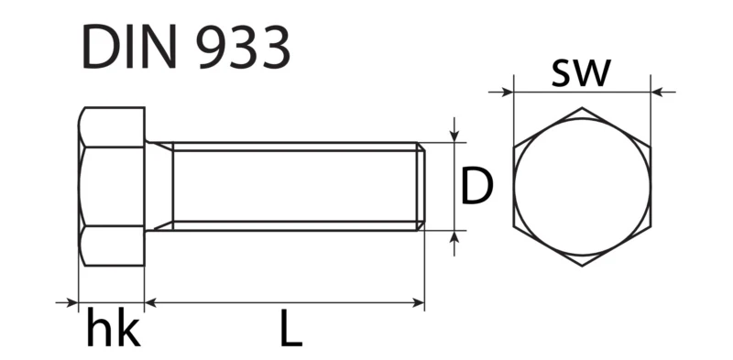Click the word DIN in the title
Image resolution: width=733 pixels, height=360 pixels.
click(x=129, y=47)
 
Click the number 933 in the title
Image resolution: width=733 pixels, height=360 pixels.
click(x=244, y=47)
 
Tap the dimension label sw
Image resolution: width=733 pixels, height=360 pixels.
click(x=581, y=73)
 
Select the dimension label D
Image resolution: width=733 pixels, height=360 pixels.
click(x=476, y=187)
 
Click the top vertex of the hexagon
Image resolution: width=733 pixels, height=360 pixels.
click(x=582, y=108)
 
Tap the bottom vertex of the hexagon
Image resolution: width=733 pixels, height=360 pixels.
click(x=582, y=266)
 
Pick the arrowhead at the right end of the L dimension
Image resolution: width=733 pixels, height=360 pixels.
click(x=419, y=303)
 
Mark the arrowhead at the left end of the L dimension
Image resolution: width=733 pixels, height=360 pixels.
click(x=151, y=303)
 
